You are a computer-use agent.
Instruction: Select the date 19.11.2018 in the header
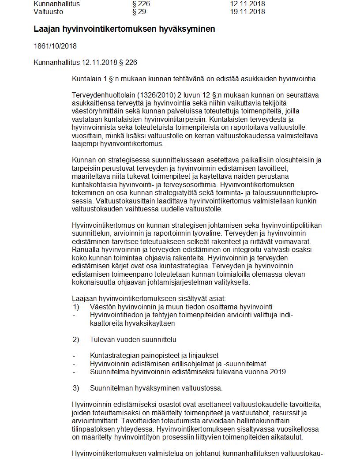247,12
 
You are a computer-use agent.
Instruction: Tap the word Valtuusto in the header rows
49,12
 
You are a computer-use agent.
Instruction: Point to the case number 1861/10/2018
55,46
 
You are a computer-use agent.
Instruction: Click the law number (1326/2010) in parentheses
151,95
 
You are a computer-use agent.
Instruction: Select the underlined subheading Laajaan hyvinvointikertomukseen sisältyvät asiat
149,299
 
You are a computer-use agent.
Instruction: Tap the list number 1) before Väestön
76,307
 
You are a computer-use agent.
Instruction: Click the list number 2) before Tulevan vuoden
76,339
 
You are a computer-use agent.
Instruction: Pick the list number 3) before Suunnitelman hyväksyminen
76,388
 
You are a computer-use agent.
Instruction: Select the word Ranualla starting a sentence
86,250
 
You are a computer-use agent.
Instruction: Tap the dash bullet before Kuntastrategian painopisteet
74,356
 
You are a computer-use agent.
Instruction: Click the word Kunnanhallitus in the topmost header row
56,4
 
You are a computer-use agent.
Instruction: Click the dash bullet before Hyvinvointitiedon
74,315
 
